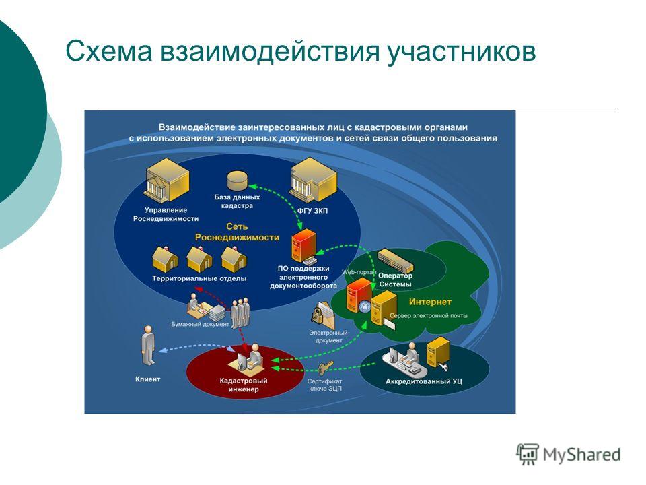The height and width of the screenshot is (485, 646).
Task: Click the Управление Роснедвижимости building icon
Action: tap(167, 181)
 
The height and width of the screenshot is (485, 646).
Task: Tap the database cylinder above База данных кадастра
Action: tap(238, 181)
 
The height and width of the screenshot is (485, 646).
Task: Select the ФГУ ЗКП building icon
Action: tap(314, 181)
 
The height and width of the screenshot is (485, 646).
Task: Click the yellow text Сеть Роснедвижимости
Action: tap(237, 232)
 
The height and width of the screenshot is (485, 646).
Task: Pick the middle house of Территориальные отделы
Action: tap(199, 259)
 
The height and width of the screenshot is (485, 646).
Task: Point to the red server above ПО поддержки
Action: tap(304, 246)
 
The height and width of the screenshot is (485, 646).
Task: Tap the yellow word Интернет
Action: tap(430, 302)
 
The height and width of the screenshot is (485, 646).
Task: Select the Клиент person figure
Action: tap(148, 345)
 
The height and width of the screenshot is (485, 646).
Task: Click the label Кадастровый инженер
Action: tap(244, 385)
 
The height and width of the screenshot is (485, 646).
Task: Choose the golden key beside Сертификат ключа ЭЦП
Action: tap(326, 367)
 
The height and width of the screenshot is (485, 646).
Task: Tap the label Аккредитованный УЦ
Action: tap(424, 381)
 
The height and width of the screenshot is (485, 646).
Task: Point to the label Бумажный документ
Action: tap(200, 324)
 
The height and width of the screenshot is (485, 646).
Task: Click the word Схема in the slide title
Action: tap(109, 51)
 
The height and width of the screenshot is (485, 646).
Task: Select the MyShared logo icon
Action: tap(528, 454)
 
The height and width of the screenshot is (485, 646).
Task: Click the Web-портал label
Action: tap(359, 272)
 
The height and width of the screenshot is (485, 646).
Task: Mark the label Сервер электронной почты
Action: tap(429, 316)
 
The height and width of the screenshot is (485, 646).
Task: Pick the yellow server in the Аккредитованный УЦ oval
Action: tap(438, 352)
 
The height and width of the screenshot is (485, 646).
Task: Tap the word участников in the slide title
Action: tap(462, 52)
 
